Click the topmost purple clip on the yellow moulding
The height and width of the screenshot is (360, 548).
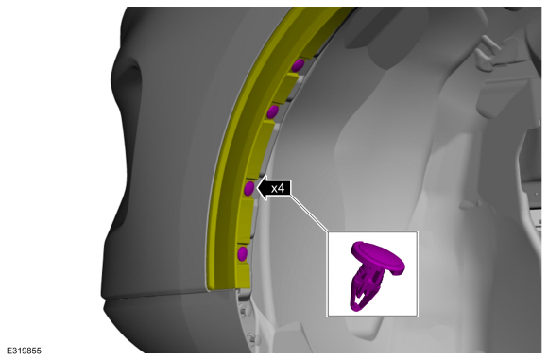[298, 65]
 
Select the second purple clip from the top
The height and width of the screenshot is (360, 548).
[273, 111]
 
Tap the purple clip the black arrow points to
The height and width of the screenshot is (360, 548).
[249, 189]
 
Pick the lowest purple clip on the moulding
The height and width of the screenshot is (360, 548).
[243, 253]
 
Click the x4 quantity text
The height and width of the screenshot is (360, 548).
[278, 189]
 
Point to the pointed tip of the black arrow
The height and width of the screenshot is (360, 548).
[257, 188]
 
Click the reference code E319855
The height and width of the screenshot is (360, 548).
[24, 351]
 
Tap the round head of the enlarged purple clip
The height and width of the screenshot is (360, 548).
[378, 258]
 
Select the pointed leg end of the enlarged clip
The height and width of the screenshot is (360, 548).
[354, 309]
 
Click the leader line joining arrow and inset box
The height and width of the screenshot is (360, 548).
[308, 213]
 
